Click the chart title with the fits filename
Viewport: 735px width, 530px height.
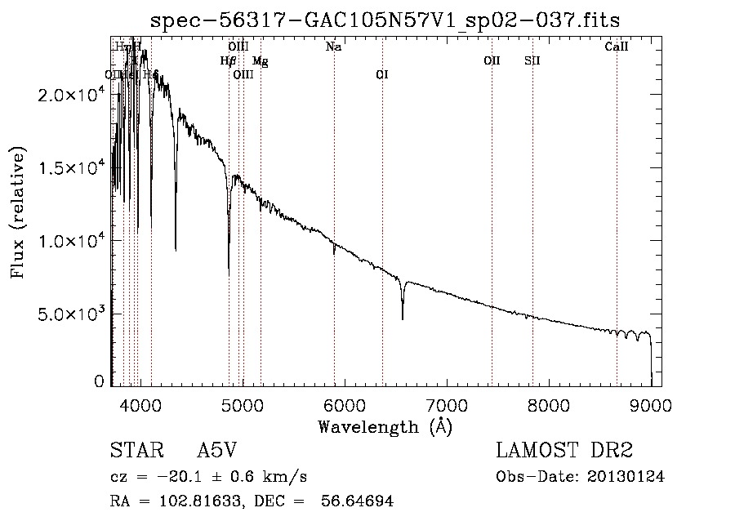(x=391, y=20)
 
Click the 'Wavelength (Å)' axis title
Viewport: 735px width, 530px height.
(x=385, y=426)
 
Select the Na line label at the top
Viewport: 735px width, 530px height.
(x=333, y=47)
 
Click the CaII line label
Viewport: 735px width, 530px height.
(x=617, y=47)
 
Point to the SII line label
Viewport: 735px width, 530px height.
(x=532, y=60)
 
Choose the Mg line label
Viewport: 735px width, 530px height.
(x=260, y=60)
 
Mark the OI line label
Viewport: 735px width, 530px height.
(x=381, y=74)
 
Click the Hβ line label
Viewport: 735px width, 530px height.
(x=228, y=60)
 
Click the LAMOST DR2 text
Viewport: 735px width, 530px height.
(x=564, y=451)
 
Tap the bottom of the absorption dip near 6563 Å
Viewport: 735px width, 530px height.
(x=403, y=318)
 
